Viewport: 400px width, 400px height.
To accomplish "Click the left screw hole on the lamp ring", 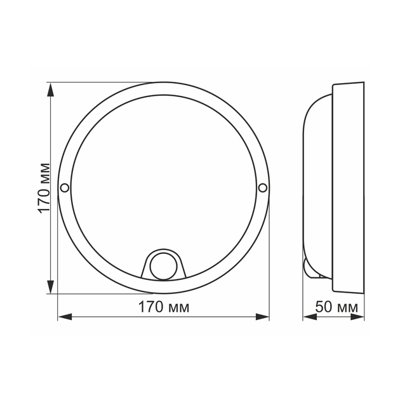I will (x=64, y=187).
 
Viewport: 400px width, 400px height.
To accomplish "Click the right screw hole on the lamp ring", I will (x=263, y=187).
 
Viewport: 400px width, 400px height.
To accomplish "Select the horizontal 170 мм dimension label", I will (x=164, y=307).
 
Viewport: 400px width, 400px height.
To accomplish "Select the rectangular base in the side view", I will (x=348, y=187).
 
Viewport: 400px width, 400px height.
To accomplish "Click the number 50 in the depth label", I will (x=324, y=307).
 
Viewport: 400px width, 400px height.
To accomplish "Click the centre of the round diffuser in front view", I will (x=163, y=184).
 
